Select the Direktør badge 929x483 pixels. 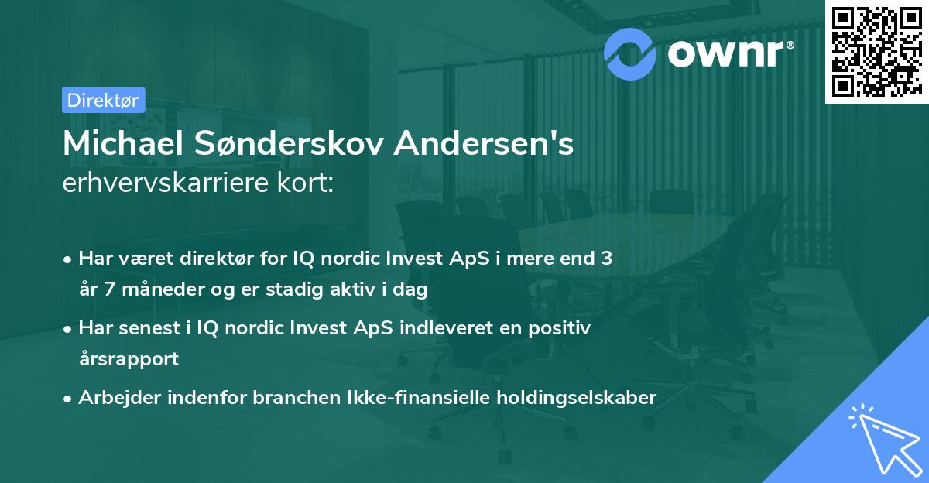pyautogui.click(x=103, y=100)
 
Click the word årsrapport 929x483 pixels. pyautogui.click(x=129, y=359)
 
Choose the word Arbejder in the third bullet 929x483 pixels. pyautogui.click(x=116, y=398)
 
